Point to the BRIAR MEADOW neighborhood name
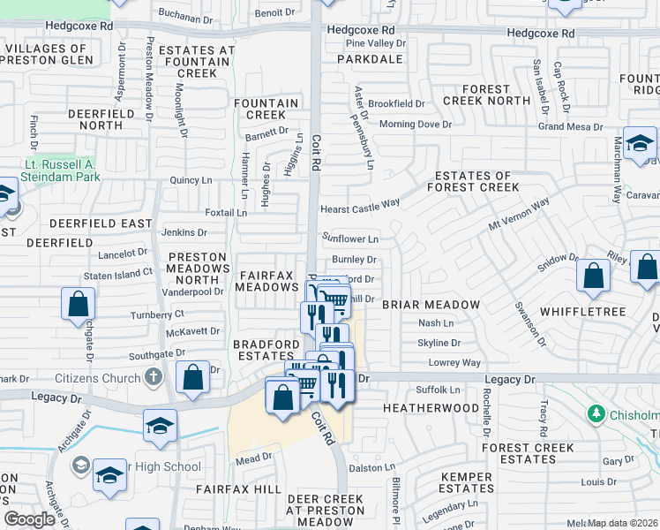pos(431,305)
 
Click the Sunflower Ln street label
pos(350,238)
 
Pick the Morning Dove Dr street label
pos(415,125)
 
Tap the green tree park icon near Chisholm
pos(596,413)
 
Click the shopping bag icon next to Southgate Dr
pos(193,377)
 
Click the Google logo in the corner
pos(29,519)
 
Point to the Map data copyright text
pos(622,523)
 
